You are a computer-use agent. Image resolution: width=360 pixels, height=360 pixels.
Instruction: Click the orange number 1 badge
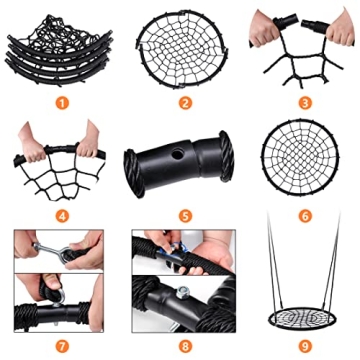(x=59, y=100)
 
